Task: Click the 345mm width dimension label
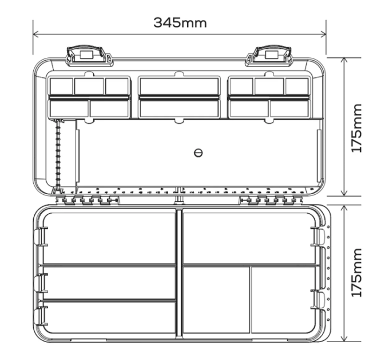(180, 22)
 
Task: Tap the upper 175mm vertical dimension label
(357, 128)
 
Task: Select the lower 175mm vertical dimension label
(357, 273)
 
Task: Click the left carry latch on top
(89, 56)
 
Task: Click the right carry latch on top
(269, 56)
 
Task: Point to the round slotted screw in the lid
(199, 153)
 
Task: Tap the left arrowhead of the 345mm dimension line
(35, 34)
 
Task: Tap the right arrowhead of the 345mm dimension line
(324, 34)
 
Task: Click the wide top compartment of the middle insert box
(179, 86)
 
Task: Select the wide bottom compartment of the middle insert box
(179, 108)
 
